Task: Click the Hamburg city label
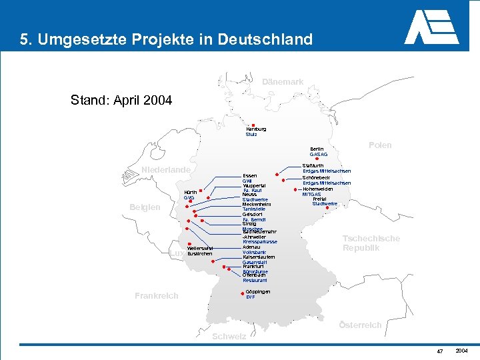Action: point(256,129)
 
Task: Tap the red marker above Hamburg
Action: point(253,124)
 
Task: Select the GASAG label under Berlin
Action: point(318,155)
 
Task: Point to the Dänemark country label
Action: point(283,82)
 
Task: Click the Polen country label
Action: point(380,145)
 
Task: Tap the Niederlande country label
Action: point(166,170)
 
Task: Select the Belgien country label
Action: point(145,207)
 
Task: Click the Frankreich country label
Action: point(156,295)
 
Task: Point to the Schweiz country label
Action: point(229,337)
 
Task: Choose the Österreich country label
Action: point(360,325)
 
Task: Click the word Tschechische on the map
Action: point(371,239)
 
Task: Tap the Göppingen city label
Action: point(258,291)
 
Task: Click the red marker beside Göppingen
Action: point(239,293)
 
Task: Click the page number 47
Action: point(440,351)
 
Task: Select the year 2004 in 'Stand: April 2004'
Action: point(157,101)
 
